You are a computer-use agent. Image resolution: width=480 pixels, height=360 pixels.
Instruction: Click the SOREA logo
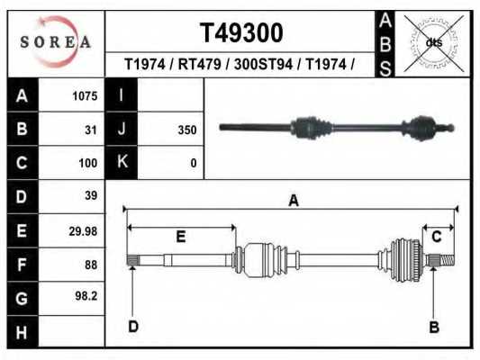[x=56, y=42]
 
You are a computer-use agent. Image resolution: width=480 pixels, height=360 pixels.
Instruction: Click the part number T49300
[x=240, y=33]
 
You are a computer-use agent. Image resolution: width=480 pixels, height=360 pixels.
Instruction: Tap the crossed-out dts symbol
[x=433, y=42]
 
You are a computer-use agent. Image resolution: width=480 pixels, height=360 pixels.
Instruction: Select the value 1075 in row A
[x=84, y=96]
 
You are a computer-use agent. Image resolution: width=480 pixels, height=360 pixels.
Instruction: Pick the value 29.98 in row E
[x=82, y=231]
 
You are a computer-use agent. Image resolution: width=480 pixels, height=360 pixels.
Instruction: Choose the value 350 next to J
[x=187, y=130]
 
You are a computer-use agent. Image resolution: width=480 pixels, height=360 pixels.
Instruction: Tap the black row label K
[x=122, y=163]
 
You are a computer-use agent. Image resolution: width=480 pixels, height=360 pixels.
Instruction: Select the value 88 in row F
[x=90, y=265]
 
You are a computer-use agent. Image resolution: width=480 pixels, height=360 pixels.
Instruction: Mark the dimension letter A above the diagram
[x=293, y=202]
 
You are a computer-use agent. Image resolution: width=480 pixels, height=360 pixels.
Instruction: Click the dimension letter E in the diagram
[x=180, y=237]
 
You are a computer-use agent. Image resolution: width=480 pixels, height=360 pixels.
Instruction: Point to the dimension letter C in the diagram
[x=437, y=237]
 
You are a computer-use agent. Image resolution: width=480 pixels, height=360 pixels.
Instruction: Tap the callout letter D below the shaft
[x=132, y=327]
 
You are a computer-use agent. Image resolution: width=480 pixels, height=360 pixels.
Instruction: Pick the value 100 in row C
[x=87, y=164]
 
